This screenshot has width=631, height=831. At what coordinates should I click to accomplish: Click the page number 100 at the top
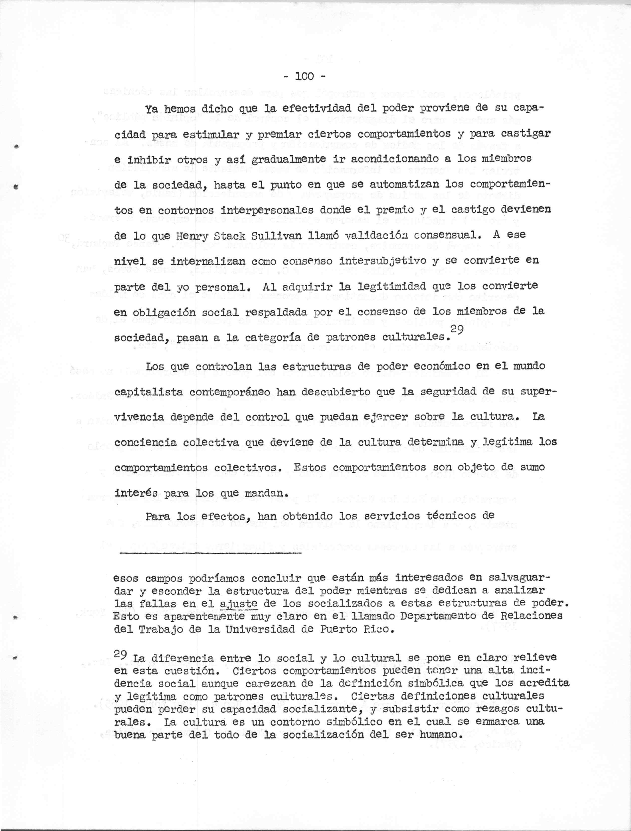click(x=305, y=76)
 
